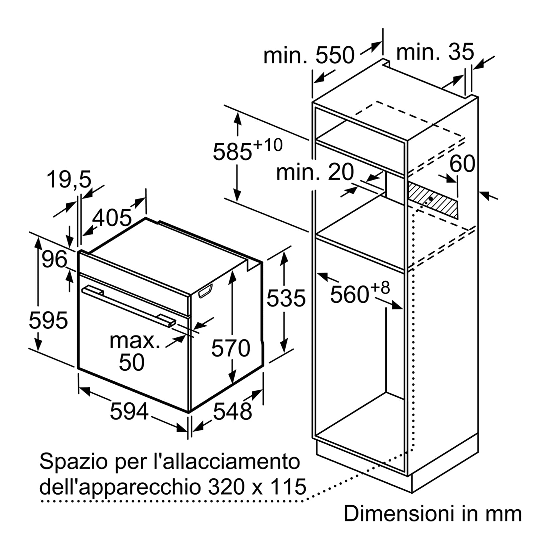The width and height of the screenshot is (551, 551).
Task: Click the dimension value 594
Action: point(129,412)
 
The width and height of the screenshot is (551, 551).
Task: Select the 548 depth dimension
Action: point(232,412)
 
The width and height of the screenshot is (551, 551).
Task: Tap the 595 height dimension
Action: point(48,320)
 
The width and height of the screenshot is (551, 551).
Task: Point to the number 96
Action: point(54,259)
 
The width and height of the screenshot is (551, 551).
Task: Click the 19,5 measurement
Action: point(69,179)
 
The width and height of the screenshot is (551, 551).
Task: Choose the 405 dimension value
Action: point(112,218)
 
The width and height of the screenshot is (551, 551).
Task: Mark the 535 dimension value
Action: point(286,298)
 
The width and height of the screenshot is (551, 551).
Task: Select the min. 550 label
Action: point(309,55)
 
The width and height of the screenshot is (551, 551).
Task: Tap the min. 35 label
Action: point(435,52)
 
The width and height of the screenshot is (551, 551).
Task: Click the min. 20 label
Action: point(315,172)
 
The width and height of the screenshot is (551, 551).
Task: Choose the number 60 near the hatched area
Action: point(462,163)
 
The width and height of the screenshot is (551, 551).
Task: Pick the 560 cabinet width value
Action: point(360,292)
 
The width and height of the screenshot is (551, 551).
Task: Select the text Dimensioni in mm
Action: point(433,514)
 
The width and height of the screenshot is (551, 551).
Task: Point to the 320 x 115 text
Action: point(257,486)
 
